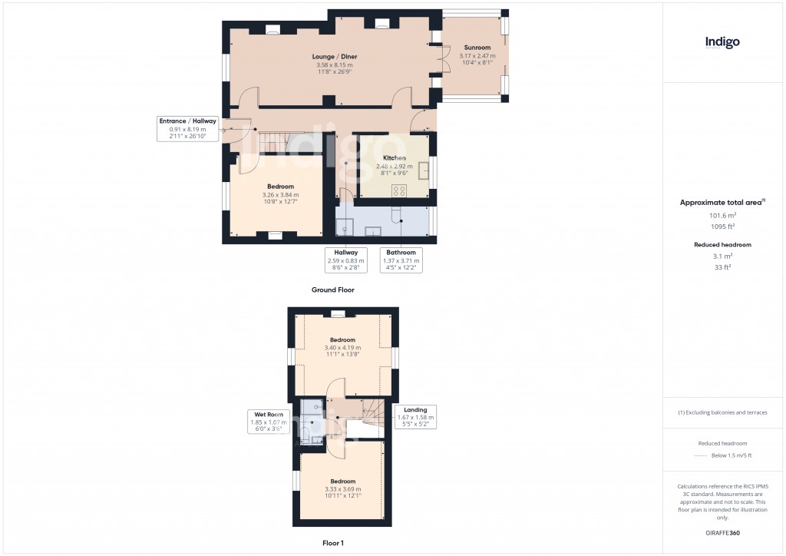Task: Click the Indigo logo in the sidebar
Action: click(x=722, y=43)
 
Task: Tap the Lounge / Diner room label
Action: click(x=334, y=57)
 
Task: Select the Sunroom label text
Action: click(x=477, y=48)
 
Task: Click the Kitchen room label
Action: click(x=394, y=158)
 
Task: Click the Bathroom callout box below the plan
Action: click(x=401, y=260)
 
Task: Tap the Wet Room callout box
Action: click(x=268, y=422)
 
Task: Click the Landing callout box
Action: click(x=415, y=417)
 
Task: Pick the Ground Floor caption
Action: click(x=332, y=290)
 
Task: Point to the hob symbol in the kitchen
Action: click(x=399, y=190)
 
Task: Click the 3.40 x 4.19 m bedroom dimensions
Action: click(x=342, y=347)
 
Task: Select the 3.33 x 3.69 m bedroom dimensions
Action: click(x=342, y=488)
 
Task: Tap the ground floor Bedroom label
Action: click(x=280, y=187)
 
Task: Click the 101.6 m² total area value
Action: click(x=722, y=216)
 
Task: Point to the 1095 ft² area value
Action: click(x=722, y=227)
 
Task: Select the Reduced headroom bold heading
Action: click(x=722, y=245)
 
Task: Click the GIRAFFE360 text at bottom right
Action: click(x=722, y=532)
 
